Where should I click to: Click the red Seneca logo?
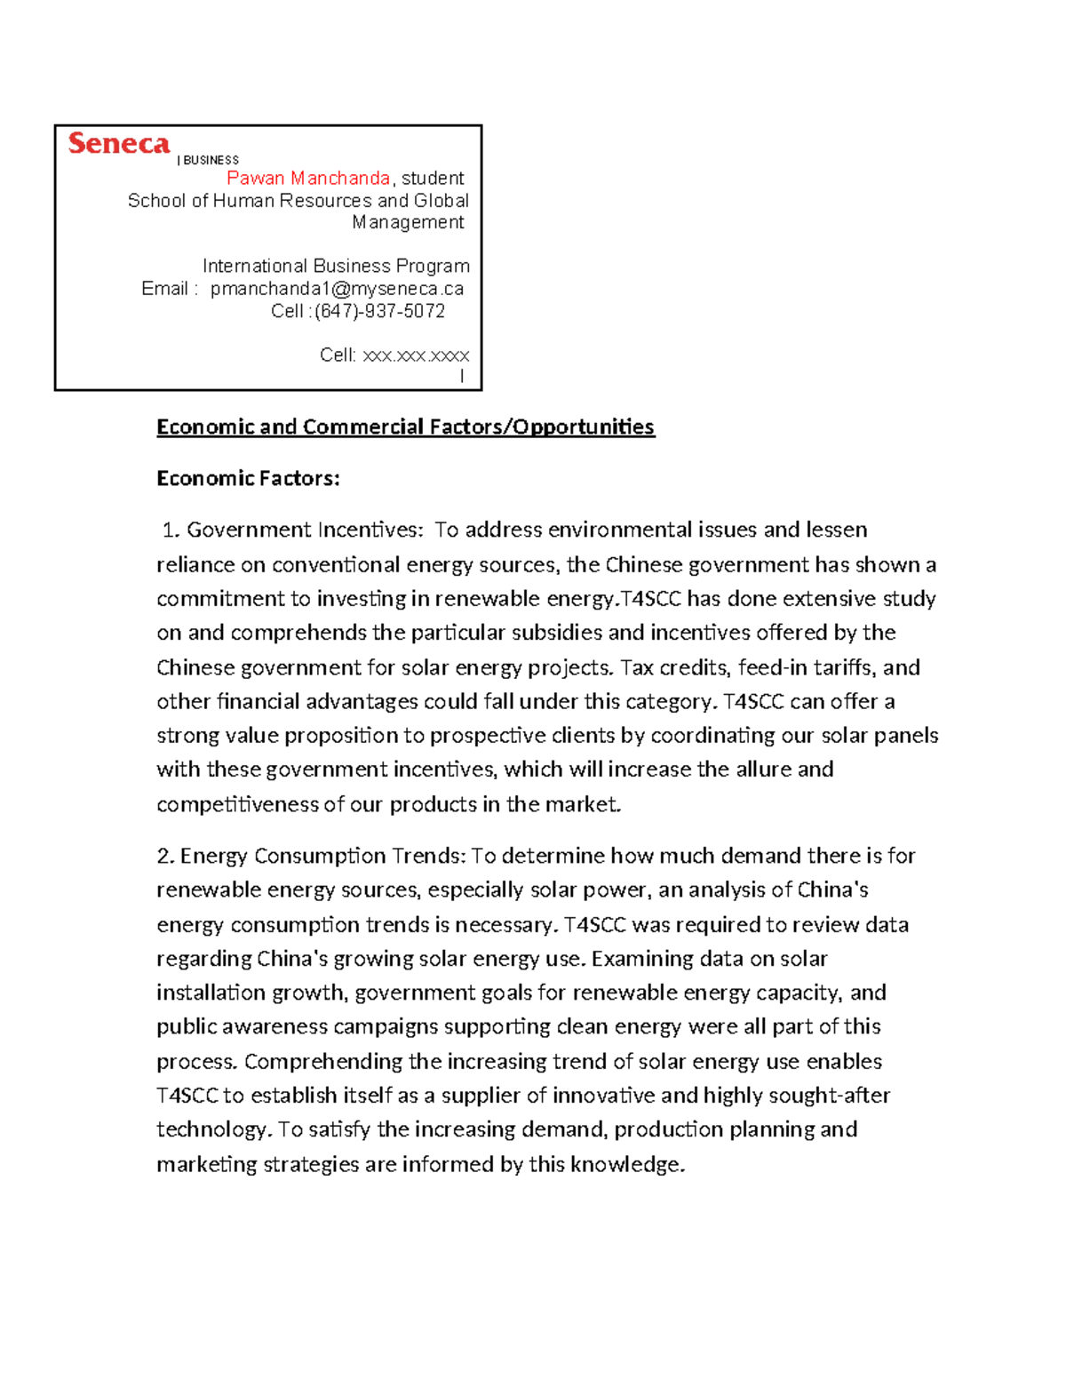[x=118, y=144]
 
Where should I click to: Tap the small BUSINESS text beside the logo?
[x=211, y=161]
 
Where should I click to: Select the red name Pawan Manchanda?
[x=308, y=179]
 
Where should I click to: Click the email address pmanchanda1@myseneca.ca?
[x=337, y=289]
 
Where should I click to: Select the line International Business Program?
[x=336, y=266]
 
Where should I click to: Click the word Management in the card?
[x=408, y=222]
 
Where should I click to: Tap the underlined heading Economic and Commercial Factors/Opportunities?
[x=405, y=427]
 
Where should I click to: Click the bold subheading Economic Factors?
[x=248, y=479]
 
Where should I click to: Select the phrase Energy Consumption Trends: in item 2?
[x=322, y=857]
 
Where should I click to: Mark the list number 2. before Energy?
[x=165, y=857]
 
